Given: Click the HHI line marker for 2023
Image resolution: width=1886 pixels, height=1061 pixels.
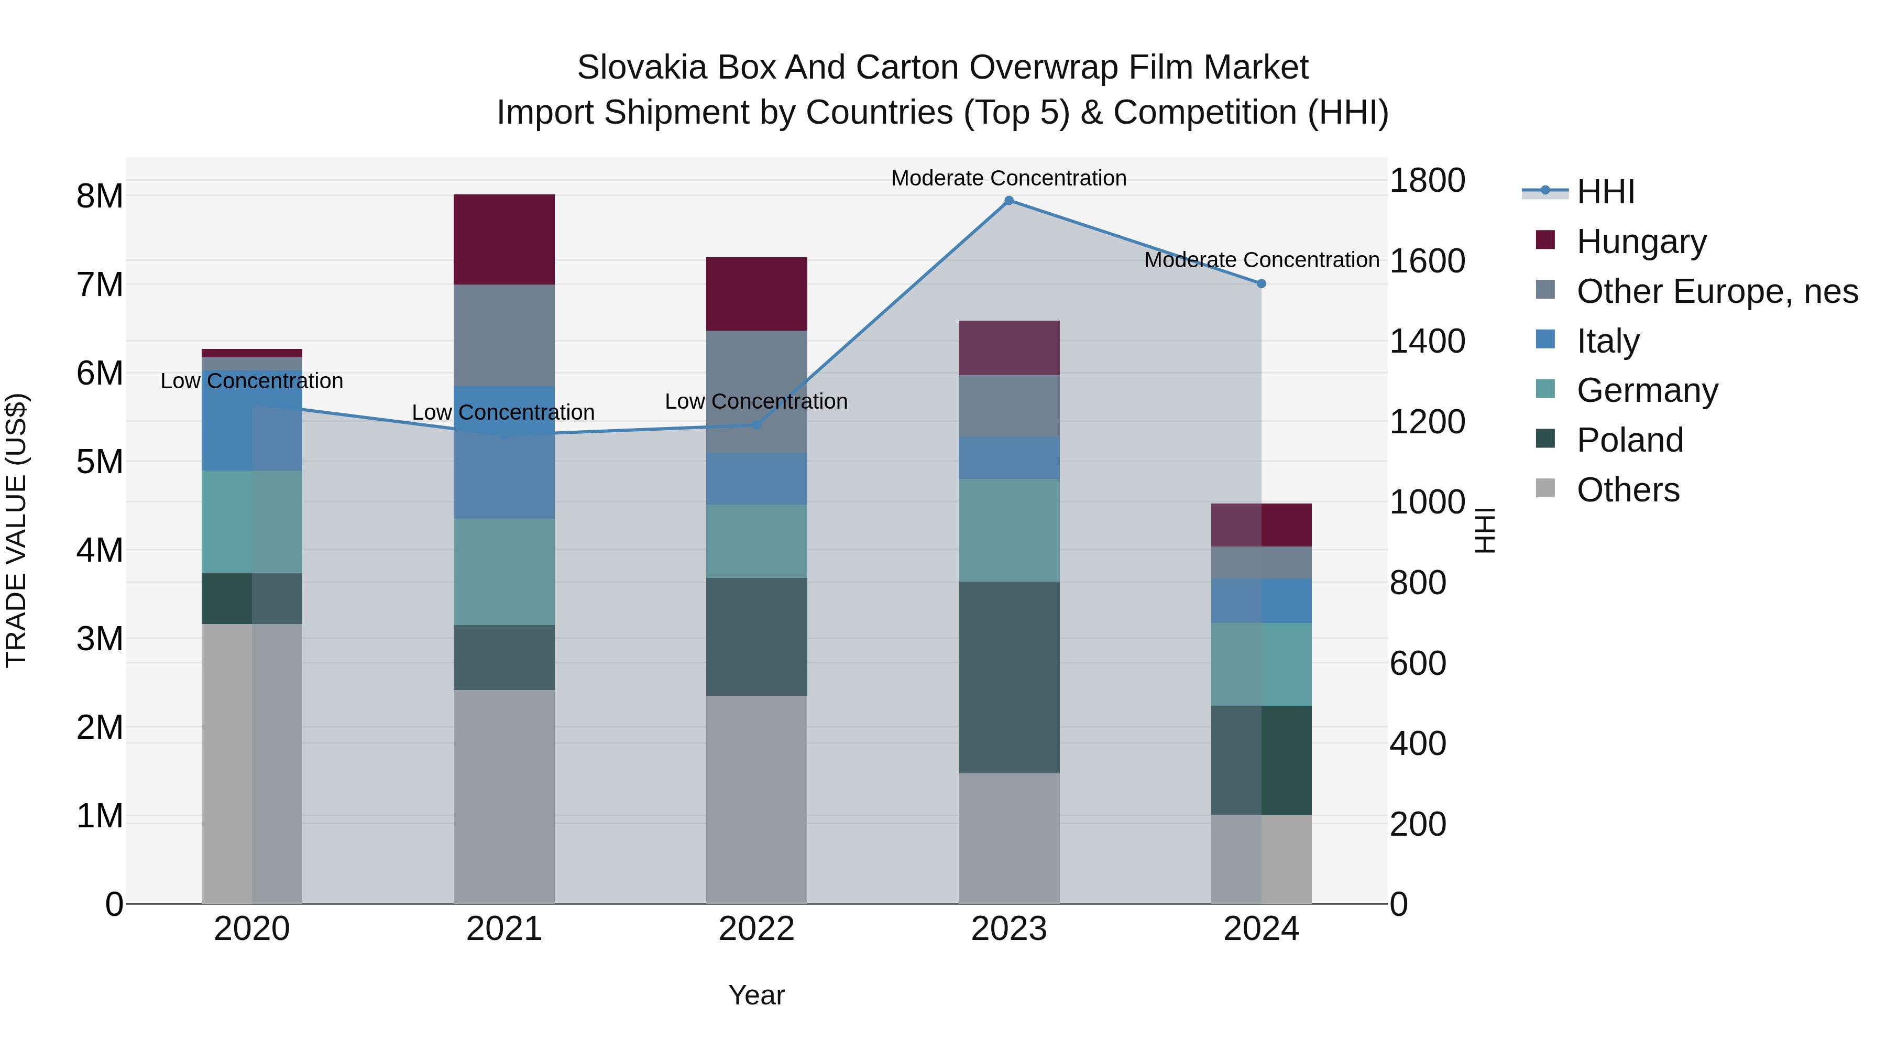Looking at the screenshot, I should pyautogui.click(x=1009, y=201).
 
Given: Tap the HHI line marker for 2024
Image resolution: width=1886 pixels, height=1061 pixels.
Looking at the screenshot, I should pyautogui.click(x=1262, y=283).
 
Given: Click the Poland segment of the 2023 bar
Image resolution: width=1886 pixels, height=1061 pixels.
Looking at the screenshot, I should pyautogui.click(x=1009, y=677).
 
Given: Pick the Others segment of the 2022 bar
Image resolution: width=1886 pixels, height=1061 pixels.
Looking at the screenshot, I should pyautogui.click(x=756, y=800).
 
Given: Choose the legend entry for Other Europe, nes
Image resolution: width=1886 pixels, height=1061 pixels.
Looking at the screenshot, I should pyautogui.click(x=1716, y=291).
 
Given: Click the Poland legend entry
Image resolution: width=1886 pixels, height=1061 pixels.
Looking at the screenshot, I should pyautogui.click(x=1630, y=440).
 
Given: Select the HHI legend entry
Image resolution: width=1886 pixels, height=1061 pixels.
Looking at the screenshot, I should pyautogui.click(x=1605, y=192).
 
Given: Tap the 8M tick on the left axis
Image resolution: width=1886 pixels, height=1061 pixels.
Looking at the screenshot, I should pyautogui.click(x=100, y=196).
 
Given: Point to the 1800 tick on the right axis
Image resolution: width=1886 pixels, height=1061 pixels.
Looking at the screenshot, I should pyautogui.click(x=1427, y=180).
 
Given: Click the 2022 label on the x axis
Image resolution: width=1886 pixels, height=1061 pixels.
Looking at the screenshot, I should pyautogui.click(x=756, y=929).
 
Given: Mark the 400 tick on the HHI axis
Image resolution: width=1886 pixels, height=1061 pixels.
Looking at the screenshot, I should pyautogui.click(x=1418, y=743).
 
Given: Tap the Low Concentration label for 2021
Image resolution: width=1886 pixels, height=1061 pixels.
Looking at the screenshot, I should pyautogui.click(x=503, y=412).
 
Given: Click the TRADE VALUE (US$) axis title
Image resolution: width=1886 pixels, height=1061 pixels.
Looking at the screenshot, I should pyautogui.click(x=16, y=530).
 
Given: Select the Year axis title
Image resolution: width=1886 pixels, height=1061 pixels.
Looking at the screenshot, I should pyautogui.click(x=756, y=995).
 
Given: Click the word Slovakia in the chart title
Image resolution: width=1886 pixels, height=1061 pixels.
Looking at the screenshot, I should pyautogui.click(x=641, y=68).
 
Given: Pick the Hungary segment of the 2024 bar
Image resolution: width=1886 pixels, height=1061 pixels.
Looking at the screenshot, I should pyautogui.click(x=1262, y=525).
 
